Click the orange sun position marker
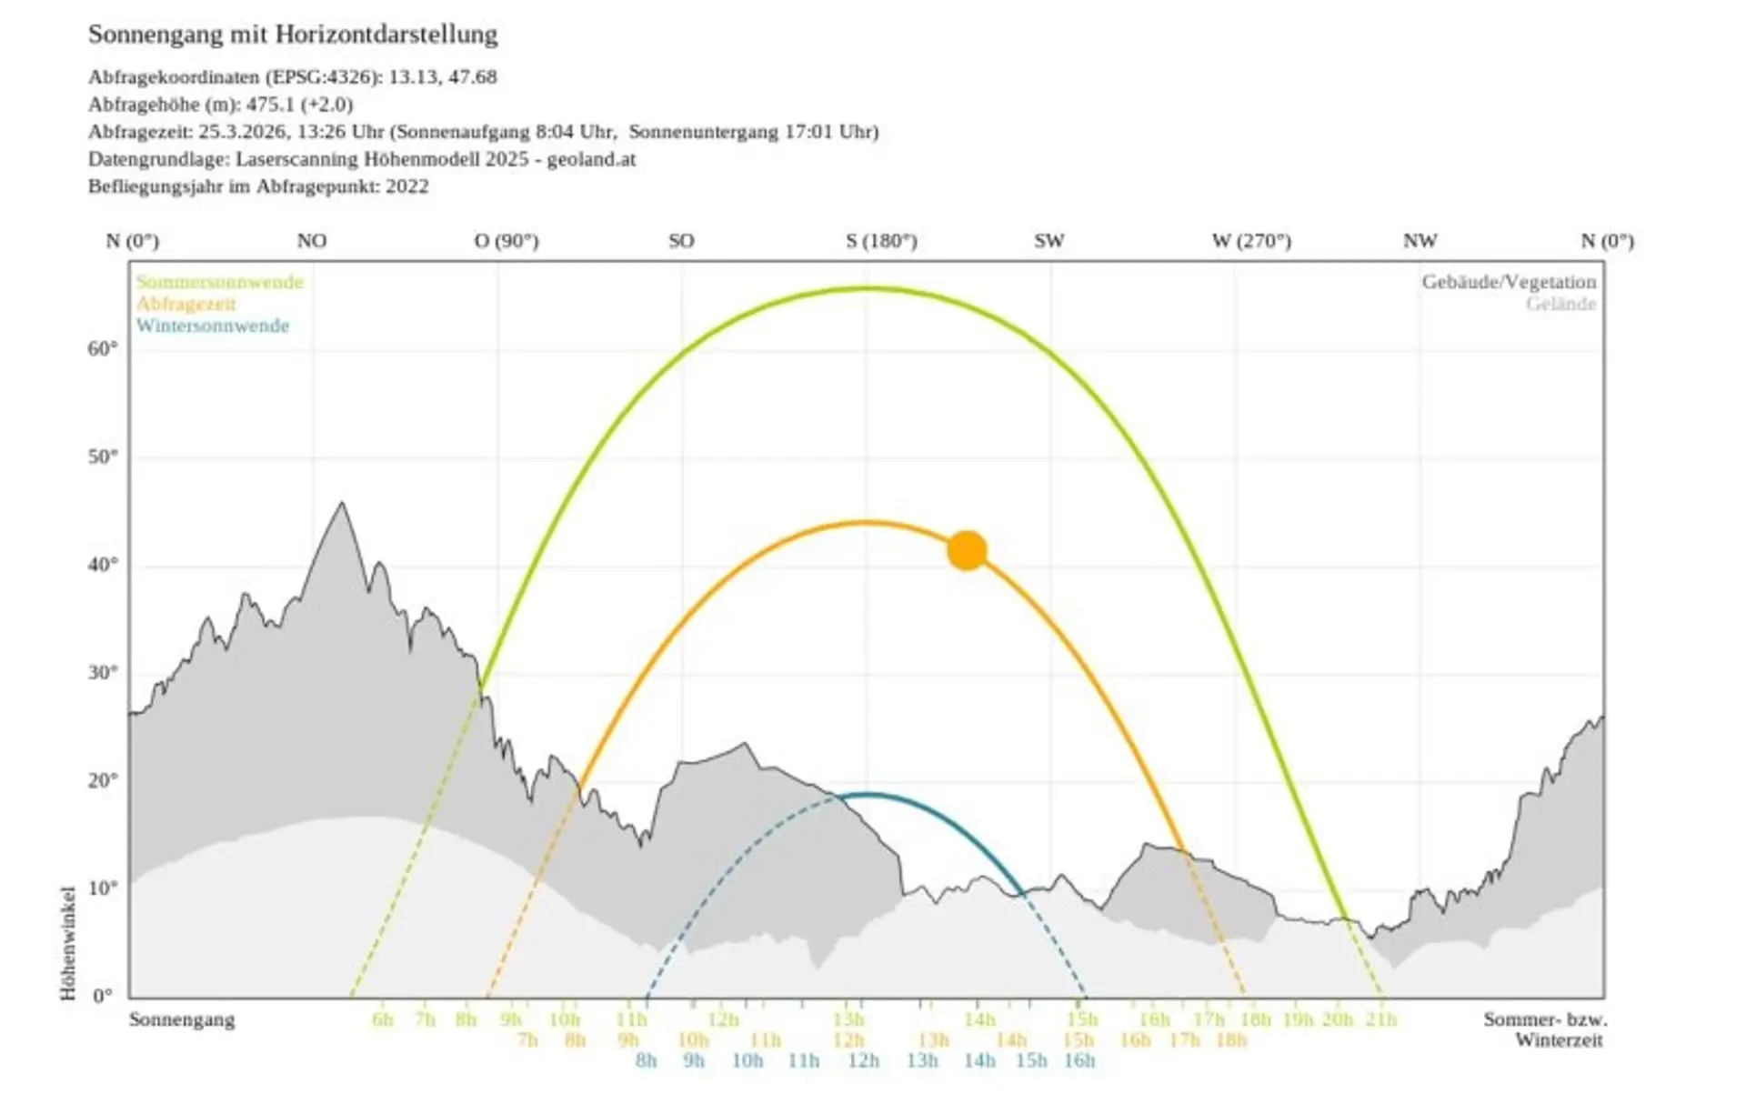pyautogui.click(x=967, y=551)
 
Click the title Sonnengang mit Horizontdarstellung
pyautogui.click(x=293, y=35)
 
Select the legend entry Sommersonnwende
pyautogui.click(x=220, y=282)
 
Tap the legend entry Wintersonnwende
pyautogui.click(x=213, y=326)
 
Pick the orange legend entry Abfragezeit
pyautogui.click(x=186, y=304)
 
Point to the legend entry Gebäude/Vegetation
pyautogui.click(x=1509, y=282)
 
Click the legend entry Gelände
pyautogui.click(x=1560, y=304)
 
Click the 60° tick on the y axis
pyautogui.click(x=104, y=349)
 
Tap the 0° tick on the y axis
pyautogui.click(x=104, y=996)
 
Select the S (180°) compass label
pyautogui.click(x=881, y=241)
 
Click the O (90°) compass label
pyautogui.click(x=507, y=241)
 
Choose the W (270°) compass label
pyautogui.click(x=1251, y=241)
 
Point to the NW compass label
pyautogui.click(x=1420, y=241)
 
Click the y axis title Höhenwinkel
pyautogui.click(x=68, y=943)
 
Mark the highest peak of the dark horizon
pyautogui.click(x=342, y=503)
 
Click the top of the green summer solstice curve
pyautogui.click(x=868, y=288)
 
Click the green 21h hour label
pyautogui.click(x=1380, y=1019)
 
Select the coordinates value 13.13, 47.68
pyautogui.click(x=443, y=76)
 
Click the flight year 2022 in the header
pyautogui.click(x=406, y=186)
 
